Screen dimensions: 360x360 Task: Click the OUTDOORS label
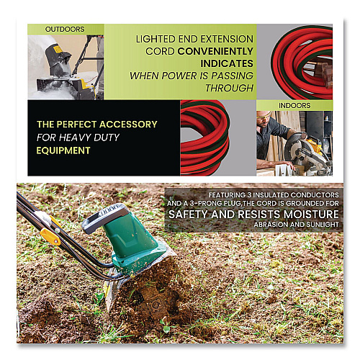coord(65,30)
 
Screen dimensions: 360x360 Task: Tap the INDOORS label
coord(294,105)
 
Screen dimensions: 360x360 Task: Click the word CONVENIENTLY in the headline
coord(215,51)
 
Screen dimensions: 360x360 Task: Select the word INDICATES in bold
coord(227,63)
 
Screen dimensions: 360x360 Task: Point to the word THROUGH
coord(230,88)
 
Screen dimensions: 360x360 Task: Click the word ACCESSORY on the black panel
coord(128,125)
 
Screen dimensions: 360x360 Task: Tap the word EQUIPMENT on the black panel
coord(63,150)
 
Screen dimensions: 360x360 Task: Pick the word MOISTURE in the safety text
coord(311,214)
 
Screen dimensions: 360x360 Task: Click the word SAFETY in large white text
coord(188,214)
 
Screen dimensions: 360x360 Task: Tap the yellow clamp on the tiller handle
coord(50,235)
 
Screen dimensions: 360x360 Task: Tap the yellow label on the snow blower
coord(58,50)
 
